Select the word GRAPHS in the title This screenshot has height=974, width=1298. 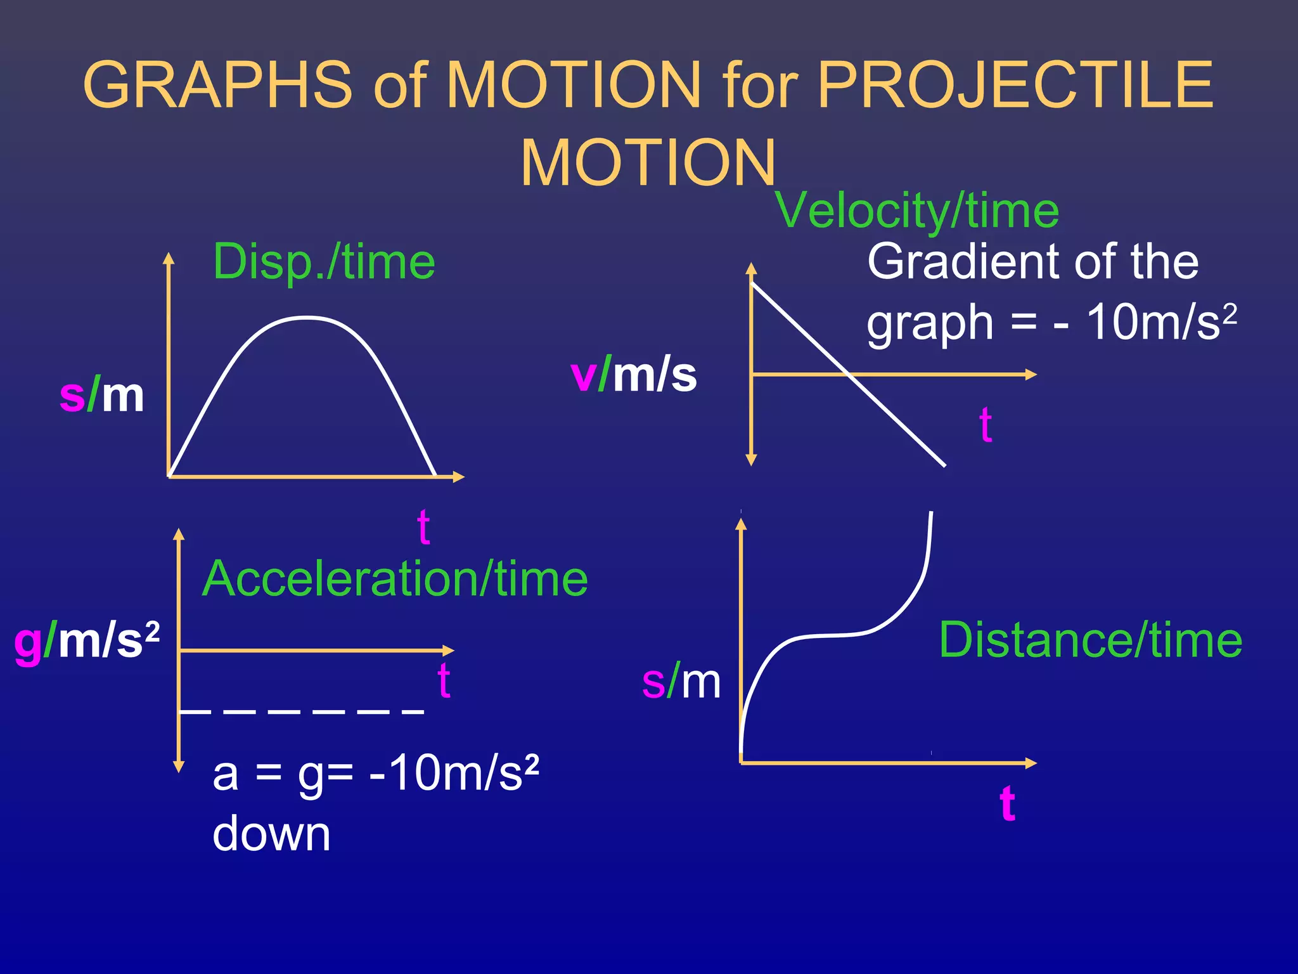tap(217, 85)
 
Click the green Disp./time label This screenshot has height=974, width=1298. tap(324, 261)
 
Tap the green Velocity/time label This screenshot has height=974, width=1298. tap(916, 211)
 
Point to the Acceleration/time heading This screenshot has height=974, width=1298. tap(395, 578)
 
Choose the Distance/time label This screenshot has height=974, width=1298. tap(1090, 640)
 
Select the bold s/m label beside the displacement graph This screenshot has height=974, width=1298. tap(101, 395)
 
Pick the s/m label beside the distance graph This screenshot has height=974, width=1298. tap(681, 682)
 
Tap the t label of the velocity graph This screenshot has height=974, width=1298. tap(986, 424)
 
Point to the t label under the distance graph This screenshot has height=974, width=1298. tap(1008, 803)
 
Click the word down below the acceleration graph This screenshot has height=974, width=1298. tap(271, 834)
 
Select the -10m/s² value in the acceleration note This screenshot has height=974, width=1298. tap(454, 774)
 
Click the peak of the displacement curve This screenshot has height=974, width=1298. tap(306, 317)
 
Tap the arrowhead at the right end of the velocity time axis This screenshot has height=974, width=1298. tap(1031, 375)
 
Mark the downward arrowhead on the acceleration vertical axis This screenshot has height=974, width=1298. tap(179, 767)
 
